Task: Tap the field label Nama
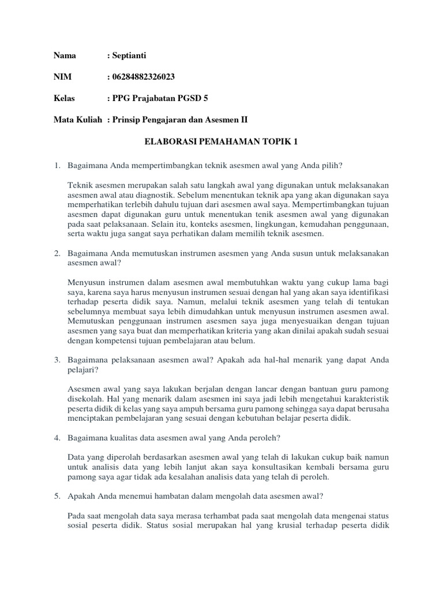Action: pos(65,56)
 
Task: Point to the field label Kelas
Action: pos(65,98)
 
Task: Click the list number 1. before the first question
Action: pos(58,166)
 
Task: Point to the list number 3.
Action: pos(58,360)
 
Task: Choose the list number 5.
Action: pos(58,495)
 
